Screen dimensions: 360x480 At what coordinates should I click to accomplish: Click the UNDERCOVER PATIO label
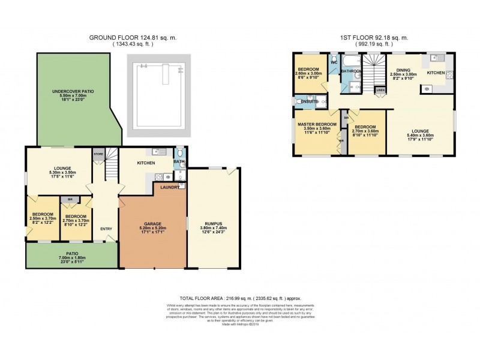[72, 91]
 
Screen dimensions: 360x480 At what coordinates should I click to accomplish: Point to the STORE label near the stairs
[98, 154]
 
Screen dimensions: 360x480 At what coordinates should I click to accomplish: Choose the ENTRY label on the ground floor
[106, 228]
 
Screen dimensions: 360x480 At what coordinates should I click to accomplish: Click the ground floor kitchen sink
[158, 177]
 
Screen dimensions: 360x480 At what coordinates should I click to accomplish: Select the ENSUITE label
[310, 101]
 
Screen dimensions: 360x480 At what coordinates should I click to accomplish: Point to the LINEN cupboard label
[380, 91]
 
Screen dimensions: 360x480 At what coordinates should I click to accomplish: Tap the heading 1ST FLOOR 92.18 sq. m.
[374, 37]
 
